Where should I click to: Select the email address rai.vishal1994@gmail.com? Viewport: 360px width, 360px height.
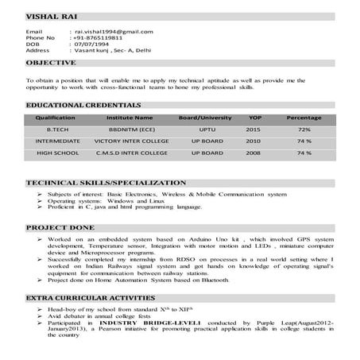[x=113, y=31]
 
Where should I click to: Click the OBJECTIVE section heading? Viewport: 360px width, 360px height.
[x=51, y=62]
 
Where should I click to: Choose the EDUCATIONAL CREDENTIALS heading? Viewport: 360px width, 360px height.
[x=72, y=104]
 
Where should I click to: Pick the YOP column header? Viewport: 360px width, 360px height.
[x=254, y=117]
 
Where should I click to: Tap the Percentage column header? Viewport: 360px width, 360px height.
[x=304, y=117]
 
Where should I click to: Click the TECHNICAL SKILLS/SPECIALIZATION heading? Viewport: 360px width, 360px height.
[x=106, y=182]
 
